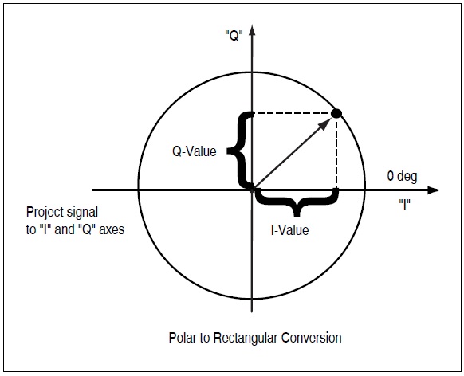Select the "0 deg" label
(402, 176)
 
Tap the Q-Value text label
(195, 151)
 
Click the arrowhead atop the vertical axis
(252, 31)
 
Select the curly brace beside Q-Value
(238, 149)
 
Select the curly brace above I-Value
(296, 204)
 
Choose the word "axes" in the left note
(109, 228)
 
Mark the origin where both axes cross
(252, 190)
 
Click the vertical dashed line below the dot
(336, 155)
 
